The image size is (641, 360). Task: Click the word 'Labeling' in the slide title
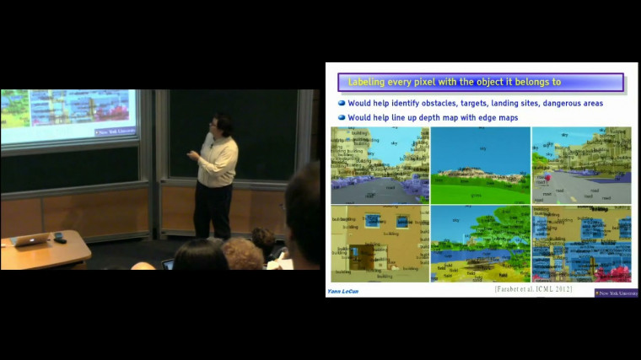[x=369, y=82]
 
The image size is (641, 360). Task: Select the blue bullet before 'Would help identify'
[x=342, y=103]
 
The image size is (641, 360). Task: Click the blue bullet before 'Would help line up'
[x=342, y=117]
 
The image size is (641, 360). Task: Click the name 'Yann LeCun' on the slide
[x=344, y=291]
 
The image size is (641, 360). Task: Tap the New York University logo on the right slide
[x=617, y=293]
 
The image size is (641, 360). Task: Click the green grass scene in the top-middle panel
[x=480, y=165]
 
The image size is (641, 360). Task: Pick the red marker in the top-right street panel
[x=549, y=179]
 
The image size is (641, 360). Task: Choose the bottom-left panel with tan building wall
[x=380, y=244]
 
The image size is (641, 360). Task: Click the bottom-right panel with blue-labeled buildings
[x=581, y=244]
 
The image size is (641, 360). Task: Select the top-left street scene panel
[x=380, y=165]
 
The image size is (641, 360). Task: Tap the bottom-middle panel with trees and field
[x=480, y=244]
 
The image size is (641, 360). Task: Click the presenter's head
[x=222, y=124]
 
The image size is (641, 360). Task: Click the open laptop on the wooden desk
[x=32, y=239]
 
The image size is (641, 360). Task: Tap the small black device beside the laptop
[x=60, y=239]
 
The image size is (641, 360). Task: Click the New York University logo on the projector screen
[x=116, y=132]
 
